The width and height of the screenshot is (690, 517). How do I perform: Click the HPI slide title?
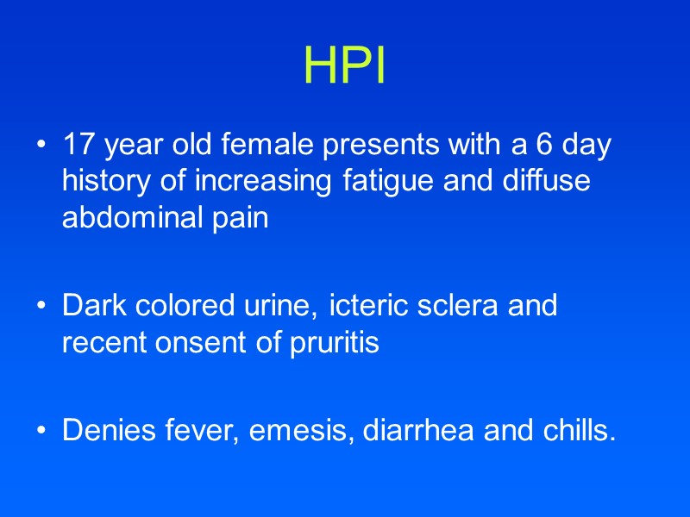344,66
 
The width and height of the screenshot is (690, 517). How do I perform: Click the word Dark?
89,306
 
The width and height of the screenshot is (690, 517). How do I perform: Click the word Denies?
106,430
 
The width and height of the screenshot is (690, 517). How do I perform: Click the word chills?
575,430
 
